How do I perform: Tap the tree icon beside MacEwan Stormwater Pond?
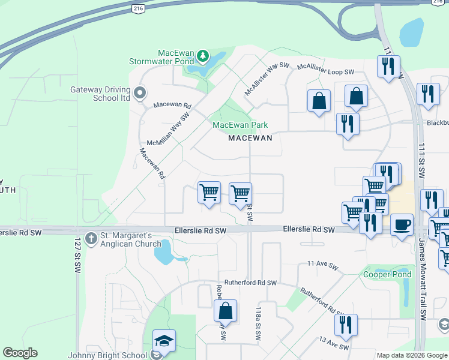pyautogui.click(x=203, y=57)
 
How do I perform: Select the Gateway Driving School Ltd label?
pyautogui.click(x=100, y=94)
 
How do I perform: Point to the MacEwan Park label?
pyautogui.click(x=240, y=125)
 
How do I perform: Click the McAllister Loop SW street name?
pyautogui.click(x=323, y=71)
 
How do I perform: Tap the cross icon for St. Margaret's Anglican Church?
pyautogui.click(x=91, y=238)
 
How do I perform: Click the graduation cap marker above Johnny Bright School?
pyautogui.click(x=164, y=340)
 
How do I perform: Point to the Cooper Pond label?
pyautogui.click(x=387, y=274)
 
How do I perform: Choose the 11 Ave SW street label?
pyautogui.click(x=323, y=263)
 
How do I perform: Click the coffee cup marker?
pyautogui.click(x=402, y=225)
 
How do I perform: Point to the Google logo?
pyautogui.click(x=20, y=353)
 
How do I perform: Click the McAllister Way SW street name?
pyautogui.click(x=267, y=79)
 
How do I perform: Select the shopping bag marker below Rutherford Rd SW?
pyautogui.click(x=225, y=311)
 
